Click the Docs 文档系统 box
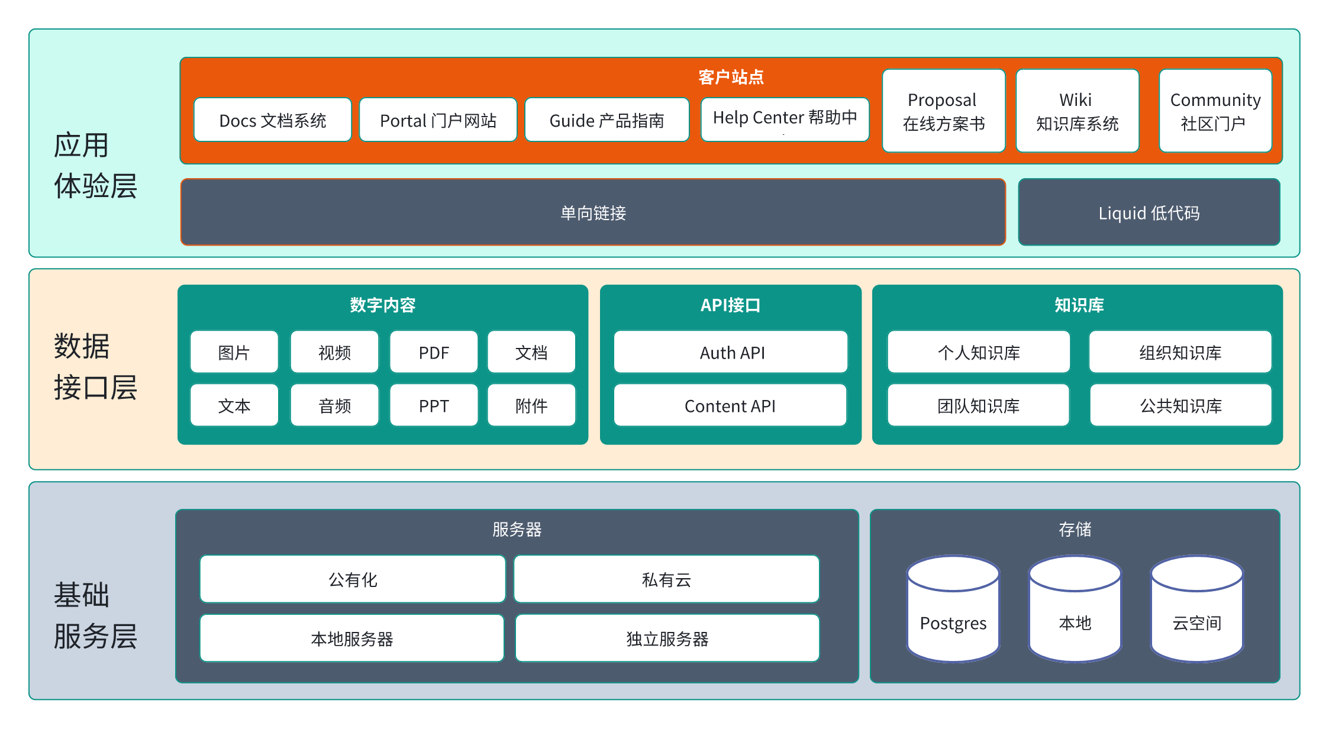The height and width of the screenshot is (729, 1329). (x=272, y=120)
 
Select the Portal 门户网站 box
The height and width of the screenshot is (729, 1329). (x=438, y=120)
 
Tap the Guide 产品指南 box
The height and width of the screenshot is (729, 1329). (x=607, y=120)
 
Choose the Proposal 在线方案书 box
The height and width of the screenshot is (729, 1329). (x=943, y=111)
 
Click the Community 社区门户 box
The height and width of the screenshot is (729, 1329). (x=1215, y=111)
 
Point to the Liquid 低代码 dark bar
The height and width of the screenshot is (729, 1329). (x=1149, y=212)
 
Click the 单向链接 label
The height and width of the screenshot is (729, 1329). (x=593, y=213)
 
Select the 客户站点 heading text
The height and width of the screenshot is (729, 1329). (x=731, y=77)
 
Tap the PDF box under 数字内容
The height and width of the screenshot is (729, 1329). (x=434, y=353)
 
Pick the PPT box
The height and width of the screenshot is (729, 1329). (x=434, y=406)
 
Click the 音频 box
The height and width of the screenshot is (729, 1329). (x=334, y=406)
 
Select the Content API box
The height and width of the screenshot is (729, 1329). (x=730, y=406)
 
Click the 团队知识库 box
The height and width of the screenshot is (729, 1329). (x=978, y=406)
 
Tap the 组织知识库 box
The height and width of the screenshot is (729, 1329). (x=1180, y=353)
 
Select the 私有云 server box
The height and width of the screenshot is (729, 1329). (x=666, y=579)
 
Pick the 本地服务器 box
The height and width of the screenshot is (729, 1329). (x=352, y=638)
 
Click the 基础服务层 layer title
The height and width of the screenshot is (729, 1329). (x=95, y=615)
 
